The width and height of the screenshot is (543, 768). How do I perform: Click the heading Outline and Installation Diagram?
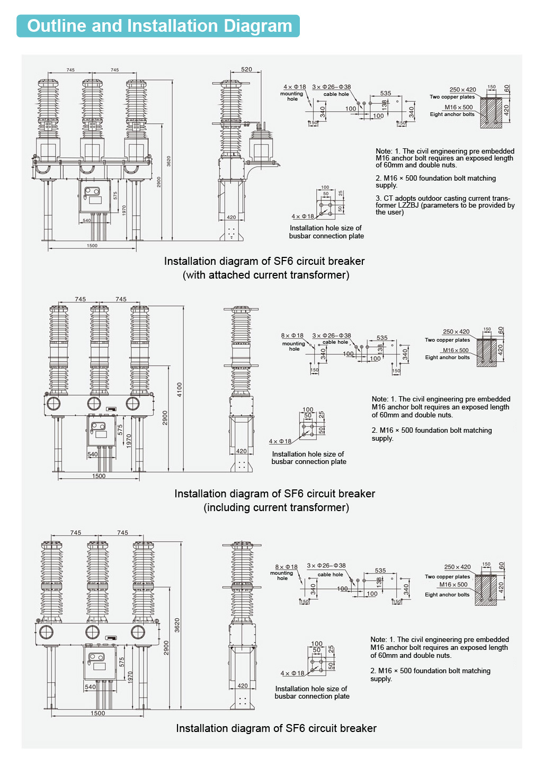pyautogui.click(x=159, y=26)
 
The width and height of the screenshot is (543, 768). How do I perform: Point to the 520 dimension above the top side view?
pyautogui.click(x=246, y=69)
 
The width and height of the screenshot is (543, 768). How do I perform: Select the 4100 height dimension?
pyautogui.click(x=180, y=389)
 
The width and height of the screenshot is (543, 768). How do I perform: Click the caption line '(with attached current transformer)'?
pyautogui.click(x=266, y=275)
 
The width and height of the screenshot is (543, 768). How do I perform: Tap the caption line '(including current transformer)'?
pyautogui.click(x=276, y=507)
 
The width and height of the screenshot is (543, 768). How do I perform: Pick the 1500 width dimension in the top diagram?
pyautogui.click(x=92, y=246)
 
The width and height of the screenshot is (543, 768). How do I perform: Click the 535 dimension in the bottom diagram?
pyautogui.click(x=380, y=570)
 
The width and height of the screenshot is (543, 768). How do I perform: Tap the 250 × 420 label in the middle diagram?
pyautogui.click(x=456, y=332)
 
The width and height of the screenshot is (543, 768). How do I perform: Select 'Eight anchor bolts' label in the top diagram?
pyautogui.click(x=452, y=114)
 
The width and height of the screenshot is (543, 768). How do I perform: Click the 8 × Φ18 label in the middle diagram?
pyautogui.click(x=292, y=335)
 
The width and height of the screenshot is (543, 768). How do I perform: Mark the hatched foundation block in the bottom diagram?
pyautogui.click(x=485, y=590)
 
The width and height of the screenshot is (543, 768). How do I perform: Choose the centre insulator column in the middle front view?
pyautogui.click(x=99, y=350)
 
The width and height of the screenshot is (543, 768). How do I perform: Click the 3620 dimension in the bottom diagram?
pyautogui.click(x=177, y=625)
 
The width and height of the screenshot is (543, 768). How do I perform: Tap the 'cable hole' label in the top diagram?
pyautogui.click(x=336, y=94)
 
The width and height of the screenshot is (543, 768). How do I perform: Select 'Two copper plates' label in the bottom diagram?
pyautogui.click(x=447, y=577)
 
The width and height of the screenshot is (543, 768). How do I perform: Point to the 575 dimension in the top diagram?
pyautogui.click(x=115, y=195)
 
